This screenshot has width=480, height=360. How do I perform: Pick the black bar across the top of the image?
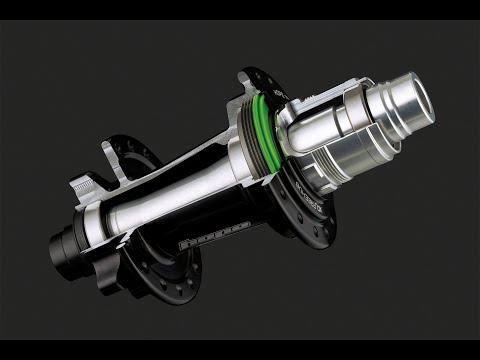pyautogui.click(x=240, y=8)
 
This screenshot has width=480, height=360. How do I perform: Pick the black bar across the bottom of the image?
pyautogui.click(x=240, y=351)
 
